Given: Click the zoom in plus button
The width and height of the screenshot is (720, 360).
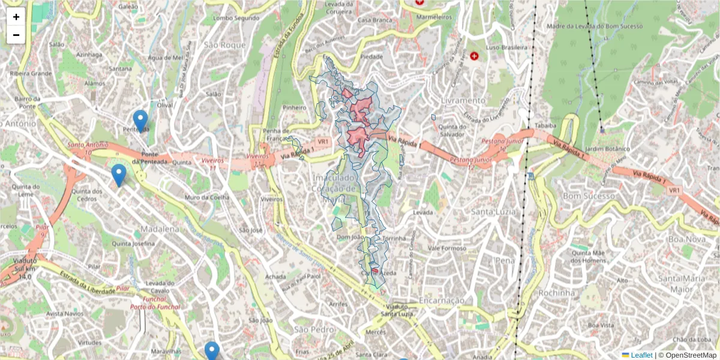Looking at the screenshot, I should click(16, 17).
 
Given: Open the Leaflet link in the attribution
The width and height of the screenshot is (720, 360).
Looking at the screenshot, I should click(641, 355).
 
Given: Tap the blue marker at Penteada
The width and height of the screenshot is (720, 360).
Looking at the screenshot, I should click(140, 121).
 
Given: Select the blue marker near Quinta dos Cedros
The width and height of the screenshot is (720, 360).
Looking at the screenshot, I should click(119, 175).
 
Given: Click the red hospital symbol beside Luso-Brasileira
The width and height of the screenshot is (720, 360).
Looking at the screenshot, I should click(475, 56).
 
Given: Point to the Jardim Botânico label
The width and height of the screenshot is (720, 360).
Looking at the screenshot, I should click(607, 148).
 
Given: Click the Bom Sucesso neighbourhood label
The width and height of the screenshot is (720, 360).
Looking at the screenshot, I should click(589, 196).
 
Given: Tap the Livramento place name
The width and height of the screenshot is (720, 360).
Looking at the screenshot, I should click(463, 100).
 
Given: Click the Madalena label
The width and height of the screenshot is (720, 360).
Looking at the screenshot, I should click(160, 229).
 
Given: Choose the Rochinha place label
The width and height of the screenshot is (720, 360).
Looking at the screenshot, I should click(557, 292).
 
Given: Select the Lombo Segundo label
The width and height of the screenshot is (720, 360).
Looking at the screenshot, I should click(232, 18).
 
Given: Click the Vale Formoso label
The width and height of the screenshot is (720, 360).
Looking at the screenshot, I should click(447, 248).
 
